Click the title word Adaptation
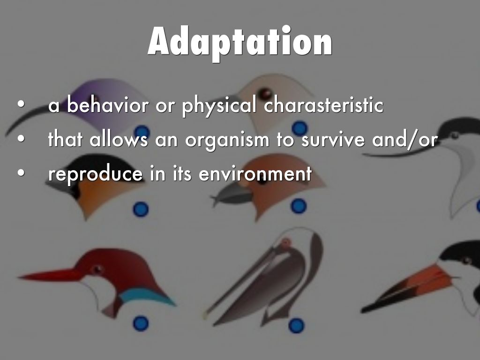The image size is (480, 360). click(240, 43)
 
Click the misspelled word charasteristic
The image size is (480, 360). click(323, 105)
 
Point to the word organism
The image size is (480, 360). click(227, 140)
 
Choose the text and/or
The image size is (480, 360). click(405, 140)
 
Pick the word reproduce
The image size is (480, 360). click(96, 174)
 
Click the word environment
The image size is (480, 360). click(255, 174)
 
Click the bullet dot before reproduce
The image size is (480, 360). click(21, 172)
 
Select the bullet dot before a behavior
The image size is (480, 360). click(21, 104)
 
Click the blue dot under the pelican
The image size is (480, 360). click(296, 325)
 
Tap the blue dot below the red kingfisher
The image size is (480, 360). click(141, 323)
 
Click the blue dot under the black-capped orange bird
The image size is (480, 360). click(141, 210)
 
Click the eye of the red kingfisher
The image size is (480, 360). click(97, 270)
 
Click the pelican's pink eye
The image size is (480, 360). click(285, 243)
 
